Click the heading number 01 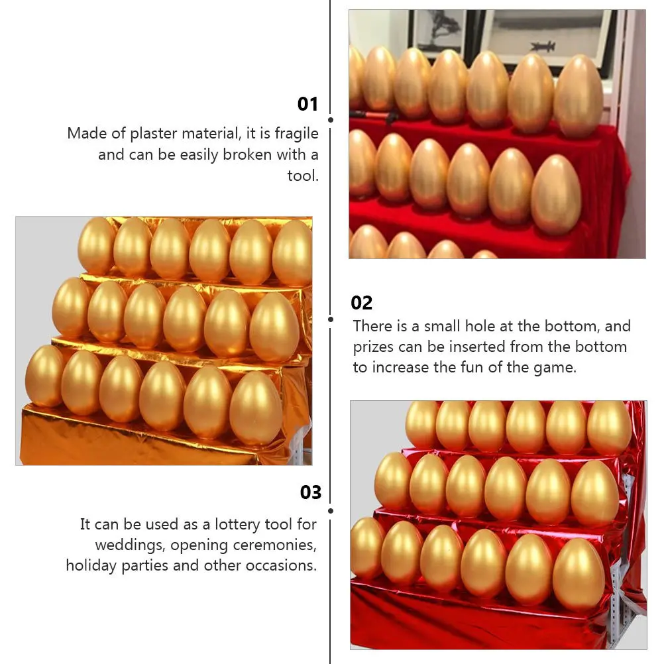click(x=307, y=104)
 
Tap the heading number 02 click(x=362, y=303)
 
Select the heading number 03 click(x=310, y=492)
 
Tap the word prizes click(x=374, y=347)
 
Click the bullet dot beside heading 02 click(x=331, y=319)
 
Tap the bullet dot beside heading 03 click(x=331, y=510)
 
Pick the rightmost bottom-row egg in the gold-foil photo click(x=256, y=408)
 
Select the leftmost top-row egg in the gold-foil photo click(x=97, y=245)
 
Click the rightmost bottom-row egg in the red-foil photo click(x=578, y=574)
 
